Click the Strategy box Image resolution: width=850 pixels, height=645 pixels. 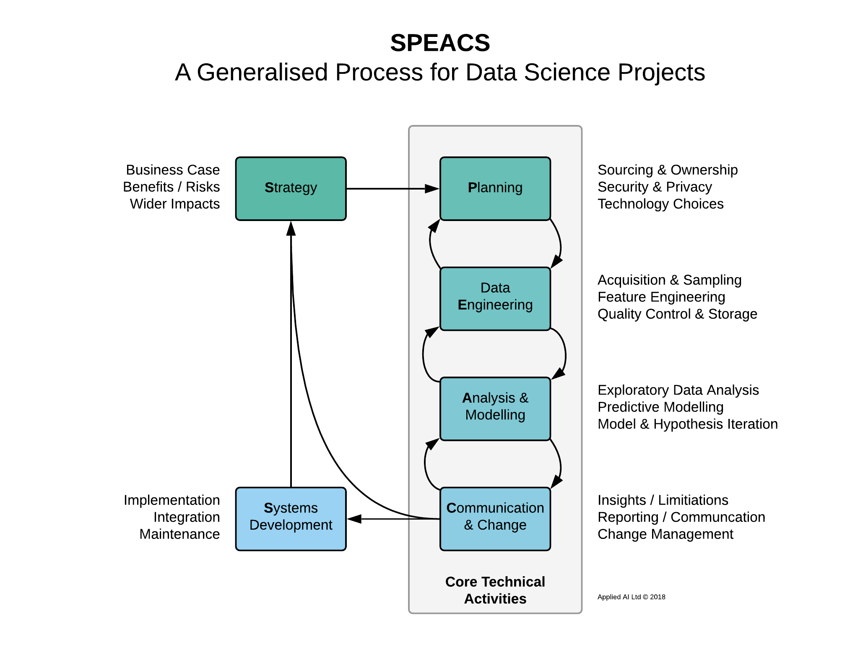point(291,189)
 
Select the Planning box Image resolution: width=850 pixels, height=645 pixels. point(495,189)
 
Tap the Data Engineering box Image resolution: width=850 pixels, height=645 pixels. point(495,299)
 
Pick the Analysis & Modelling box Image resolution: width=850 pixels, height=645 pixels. point(495,409)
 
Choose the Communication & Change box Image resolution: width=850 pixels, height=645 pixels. point(495,519)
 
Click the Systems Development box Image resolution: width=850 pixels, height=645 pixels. point(291,519)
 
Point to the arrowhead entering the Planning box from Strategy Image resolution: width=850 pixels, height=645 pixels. point(432,189)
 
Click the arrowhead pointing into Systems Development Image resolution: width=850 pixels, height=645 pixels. point(354,519)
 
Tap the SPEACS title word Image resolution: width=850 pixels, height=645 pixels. point(440,43)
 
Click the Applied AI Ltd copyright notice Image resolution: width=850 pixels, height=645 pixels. point(631,597)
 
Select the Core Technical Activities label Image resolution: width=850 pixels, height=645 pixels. point(495,590)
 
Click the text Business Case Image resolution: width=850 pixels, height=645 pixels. point(173,170)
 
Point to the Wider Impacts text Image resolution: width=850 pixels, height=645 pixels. point(175,204)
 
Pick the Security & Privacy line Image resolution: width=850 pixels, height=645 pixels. point(655,187)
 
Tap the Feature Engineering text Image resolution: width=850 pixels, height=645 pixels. point(661,297)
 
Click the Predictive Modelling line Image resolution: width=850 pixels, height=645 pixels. point(660,407)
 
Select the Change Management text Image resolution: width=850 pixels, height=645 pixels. point(665,534)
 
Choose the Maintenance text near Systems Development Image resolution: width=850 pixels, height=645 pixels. point(179,534)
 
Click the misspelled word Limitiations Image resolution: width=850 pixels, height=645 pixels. point(693,500)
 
